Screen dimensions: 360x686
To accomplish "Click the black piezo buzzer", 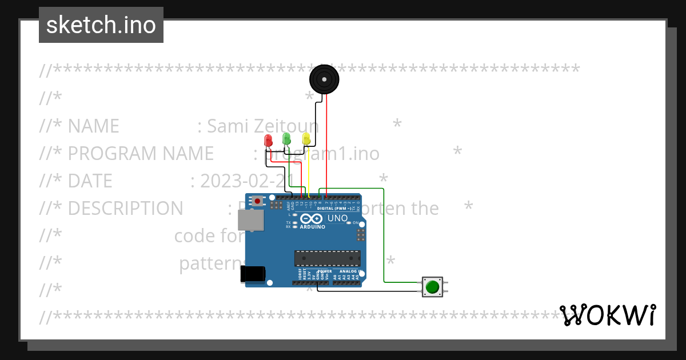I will tap(324, 79).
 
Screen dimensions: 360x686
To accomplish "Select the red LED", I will tap(268, 141).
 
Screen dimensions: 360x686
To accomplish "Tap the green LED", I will tap(286, 138).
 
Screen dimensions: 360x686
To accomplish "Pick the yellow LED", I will tap(306, 138).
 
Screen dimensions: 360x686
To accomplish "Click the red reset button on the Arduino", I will tap(258, 201).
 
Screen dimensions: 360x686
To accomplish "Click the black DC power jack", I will tap(253, 274).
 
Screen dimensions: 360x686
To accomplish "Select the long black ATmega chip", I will tap(327, 258).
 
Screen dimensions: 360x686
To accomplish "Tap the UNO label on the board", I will tap(337, 218).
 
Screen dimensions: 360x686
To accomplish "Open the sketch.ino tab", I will tap(101, 25).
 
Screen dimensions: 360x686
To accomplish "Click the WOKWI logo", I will tap(607, 315).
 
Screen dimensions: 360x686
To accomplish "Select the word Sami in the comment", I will tap(226, 126).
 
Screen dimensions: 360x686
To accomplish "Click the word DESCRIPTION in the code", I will tap(125, 209).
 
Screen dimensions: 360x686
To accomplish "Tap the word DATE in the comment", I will tap(90, 181).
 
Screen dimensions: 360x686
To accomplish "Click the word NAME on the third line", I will tap(93, 126).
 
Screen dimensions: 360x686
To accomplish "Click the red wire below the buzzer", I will tap(327, 143).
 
